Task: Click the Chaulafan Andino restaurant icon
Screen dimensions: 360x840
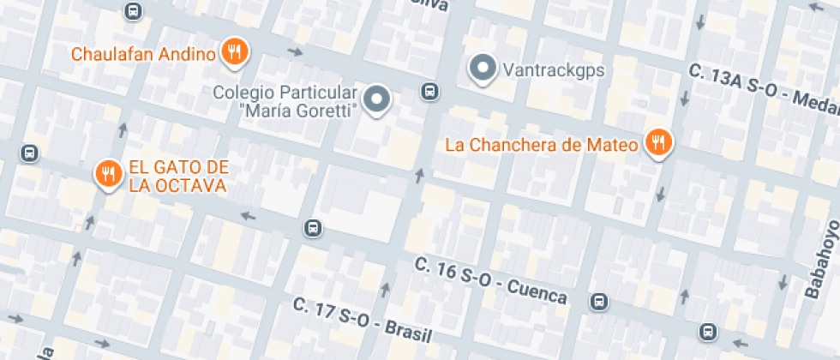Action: (234, 53)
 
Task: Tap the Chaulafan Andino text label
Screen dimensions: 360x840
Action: (143, 55)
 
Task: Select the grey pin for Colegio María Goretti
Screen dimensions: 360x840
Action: (376, 99)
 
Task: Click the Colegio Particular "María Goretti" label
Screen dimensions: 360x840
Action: (285, 101)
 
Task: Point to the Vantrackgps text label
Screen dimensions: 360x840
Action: (553, 70)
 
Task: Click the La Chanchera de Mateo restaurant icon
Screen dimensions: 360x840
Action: (658, 143)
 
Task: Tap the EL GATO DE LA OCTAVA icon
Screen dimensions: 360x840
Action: (107, 174)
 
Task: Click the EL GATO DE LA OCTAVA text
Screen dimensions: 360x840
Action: (177, 176)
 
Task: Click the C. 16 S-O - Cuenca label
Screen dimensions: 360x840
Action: (490, 280)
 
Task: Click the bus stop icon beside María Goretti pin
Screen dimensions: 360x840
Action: (429, 92)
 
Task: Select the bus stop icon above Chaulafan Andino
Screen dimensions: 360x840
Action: (132, 11)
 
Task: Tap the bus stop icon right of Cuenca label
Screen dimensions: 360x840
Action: (599, 302)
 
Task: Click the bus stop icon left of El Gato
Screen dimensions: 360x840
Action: (29, 153)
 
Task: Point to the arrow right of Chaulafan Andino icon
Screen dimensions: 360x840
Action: (295, 53)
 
